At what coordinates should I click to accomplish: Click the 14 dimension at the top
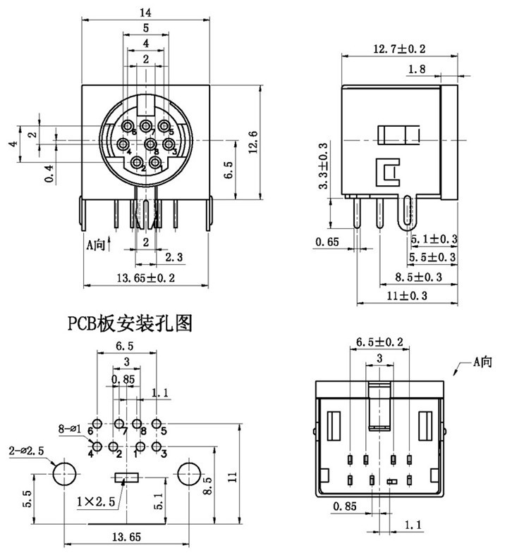[146, 11]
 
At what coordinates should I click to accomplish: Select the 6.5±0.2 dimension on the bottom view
[380, 342]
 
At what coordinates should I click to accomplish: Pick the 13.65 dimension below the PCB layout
[126, 537]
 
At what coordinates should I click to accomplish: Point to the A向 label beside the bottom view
[484, 361]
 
